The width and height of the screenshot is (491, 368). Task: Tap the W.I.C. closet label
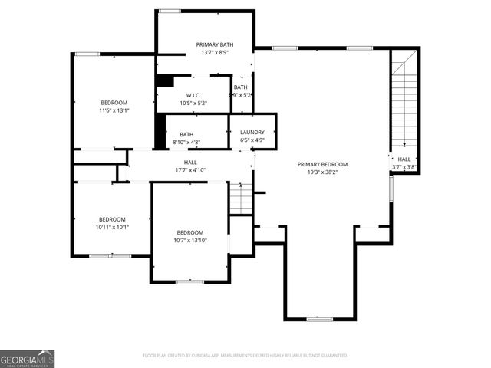[x=193, y=95]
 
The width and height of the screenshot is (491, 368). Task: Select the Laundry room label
[x=252, y=133]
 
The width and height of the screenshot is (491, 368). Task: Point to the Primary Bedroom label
[x=323, y=164]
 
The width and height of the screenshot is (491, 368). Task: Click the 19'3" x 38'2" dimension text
[x=323, y=172]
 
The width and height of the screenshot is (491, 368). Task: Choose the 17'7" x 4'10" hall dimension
[x=191, y=170]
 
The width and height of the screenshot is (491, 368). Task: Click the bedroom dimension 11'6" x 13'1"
[x=114, y=110]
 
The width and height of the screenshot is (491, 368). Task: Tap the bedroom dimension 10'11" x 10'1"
[x=113, y=227]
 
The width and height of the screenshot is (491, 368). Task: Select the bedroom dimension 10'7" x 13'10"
[x=190, y=241]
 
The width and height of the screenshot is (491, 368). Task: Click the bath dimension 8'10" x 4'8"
[x=186, y=142]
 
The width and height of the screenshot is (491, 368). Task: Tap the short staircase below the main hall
[x=241, y=199]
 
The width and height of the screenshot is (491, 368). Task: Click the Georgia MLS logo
[x=27, y=358]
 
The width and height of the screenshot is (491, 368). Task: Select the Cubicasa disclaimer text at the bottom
[x=245, y=356]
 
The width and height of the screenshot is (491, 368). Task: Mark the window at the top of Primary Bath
[x=170, y=11]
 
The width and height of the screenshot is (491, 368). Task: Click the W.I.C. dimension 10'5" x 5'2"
[x=193, y=103]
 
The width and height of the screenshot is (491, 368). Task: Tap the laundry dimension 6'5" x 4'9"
[x=252, y=140]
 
